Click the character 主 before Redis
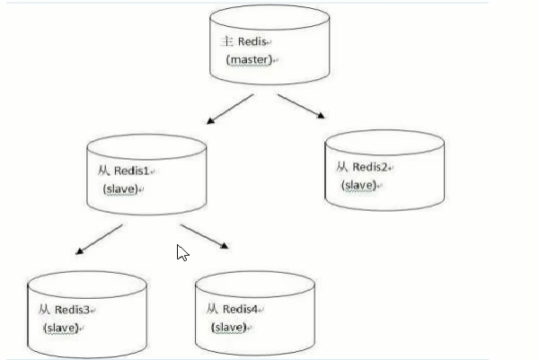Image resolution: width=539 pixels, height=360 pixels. (227, 42)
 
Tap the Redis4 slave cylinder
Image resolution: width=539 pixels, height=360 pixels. (255, 310)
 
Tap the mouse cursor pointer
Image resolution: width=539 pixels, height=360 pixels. (182, 252)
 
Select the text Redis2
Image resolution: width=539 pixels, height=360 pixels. (371, 167)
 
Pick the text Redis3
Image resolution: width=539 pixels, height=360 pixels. (73, 310)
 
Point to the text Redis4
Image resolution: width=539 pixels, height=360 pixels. (241, 310)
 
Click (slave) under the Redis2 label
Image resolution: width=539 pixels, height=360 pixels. (358, 185)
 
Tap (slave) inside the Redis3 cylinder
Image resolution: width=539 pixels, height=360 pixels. (60, 328)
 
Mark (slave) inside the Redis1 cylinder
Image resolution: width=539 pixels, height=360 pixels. (120, 189)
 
